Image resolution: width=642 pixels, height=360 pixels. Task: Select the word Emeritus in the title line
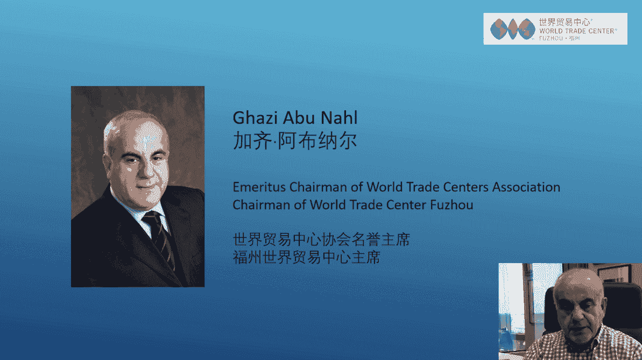pos(259,187)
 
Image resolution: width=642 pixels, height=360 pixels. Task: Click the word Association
pos(526,187)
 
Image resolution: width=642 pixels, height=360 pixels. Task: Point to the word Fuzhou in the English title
pos(451,204)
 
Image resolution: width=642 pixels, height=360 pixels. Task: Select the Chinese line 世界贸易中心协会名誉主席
pos(321,239)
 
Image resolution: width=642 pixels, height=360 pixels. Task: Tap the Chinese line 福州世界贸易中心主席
pos(307,257)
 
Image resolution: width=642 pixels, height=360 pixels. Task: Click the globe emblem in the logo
pos(513,29)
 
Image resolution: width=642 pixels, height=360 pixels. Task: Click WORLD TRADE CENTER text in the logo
pos(577,31)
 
